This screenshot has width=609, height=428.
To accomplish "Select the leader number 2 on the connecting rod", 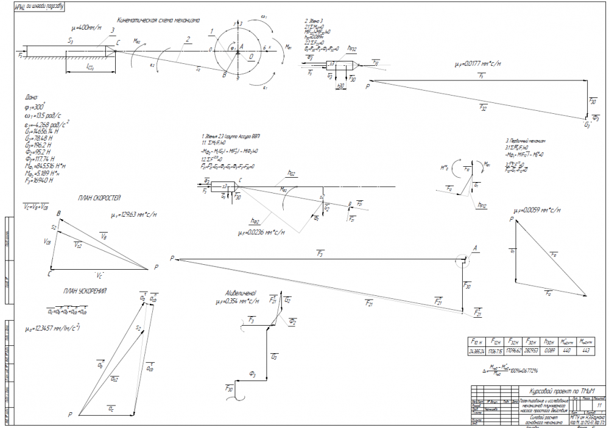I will point(189,40).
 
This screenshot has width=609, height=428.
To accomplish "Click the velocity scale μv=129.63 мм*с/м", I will point(133,216).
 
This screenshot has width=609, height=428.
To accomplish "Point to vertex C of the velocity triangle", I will point(49,273).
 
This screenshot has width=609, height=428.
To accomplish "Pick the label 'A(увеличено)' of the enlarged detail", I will point(241,293).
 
